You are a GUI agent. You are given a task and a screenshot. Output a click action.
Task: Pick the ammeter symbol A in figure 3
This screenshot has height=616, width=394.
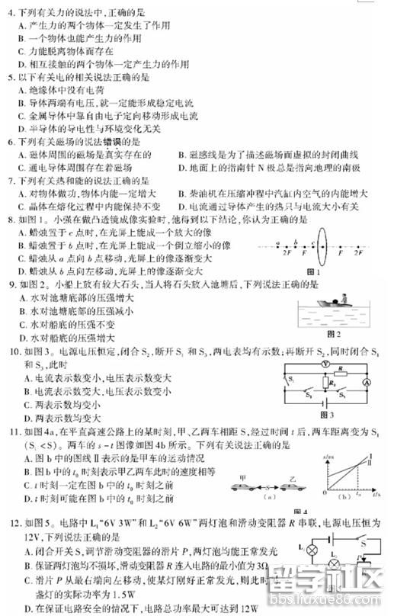click(x=364, y=380)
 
